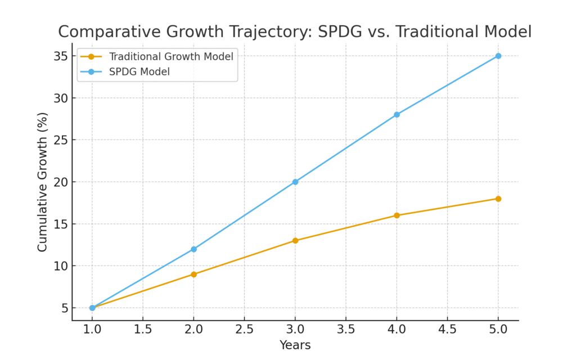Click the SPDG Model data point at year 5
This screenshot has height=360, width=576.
(498, 56)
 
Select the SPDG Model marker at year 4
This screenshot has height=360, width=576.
(397, 114)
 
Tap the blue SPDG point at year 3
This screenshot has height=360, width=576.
(295, 182)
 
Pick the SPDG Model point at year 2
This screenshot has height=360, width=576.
(193, 249)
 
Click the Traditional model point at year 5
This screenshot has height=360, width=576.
(498, 199)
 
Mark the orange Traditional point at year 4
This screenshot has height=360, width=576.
(397, 215)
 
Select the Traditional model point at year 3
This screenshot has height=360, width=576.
(295, 240)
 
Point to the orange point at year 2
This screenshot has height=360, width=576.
(193, 274)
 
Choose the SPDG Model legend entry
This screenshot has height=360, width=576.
(139, 71)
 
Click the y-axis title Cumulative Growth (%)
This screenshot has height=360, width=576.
(43, 182)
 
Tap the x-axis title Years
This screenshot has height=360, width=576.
(295, 345)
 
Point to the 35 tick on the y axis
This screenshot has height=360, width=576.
(61, 56)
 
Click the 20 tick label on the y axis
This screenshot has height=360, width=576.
(61, 182)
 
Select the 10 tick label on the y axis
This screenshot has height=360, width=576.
(61, 265)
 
